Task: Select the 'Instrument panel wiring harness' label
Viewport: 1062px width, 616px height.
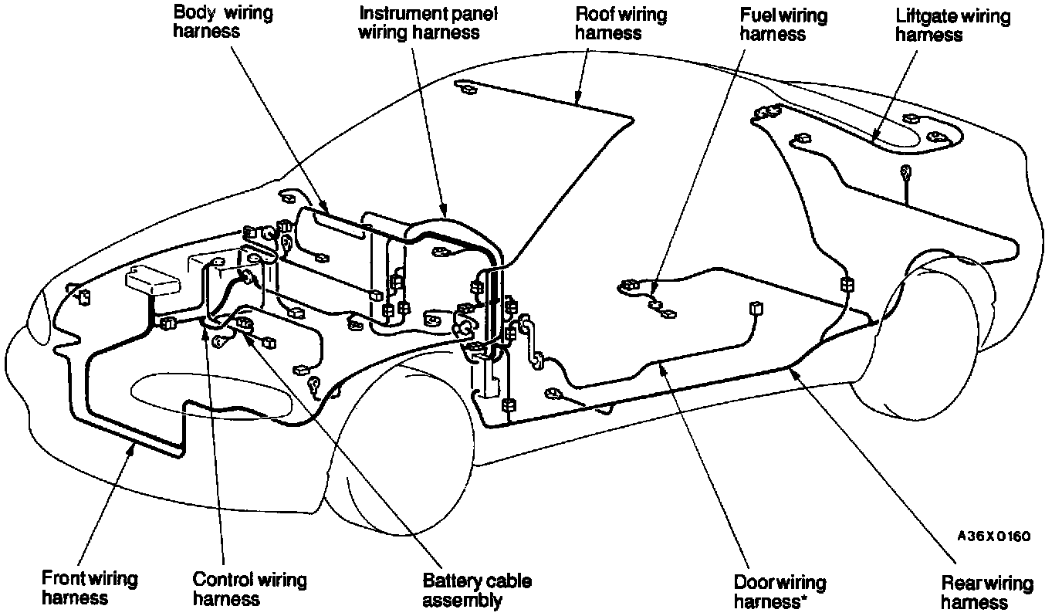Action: (428, 23)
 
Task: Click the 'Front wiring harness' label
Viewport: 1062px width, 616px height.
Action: (90, 588)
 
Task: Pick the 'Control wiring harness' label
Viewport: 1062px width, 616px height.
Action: (249, 588)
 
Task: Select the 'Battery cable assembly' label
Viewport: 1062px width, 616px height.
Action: (477, 590)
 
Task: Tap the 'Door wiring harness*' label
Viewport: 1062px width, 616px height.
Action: (780, 591)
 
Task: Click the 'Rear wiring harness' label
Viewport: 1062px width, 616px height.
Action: (987, 593)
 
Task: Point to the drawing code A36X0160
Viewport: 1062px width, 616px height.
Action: (994, 536)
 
